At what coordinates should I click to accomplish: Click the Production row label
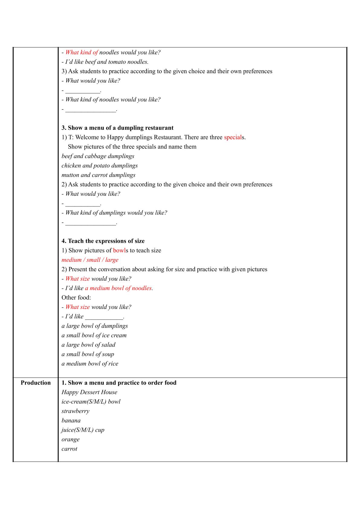[36, 383]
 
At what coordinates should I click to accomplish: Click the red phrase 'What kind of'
[82, 52]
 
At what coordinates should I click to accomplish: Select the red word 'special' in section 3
[233, 137]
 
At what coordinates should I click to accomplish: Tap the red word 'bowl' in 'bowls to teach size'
[119, 250]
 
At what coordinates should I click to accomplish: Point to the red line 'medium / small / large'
[90, 260]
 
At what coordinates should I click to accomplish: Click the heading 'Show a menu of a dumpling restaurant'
[120, 128]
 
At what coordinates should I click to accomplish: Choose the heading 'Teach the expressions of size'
[106, 241]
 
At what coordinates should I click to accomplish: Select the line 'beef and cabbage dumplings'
[98, 156]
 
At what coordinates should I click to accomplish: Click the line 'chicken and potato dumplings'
[99, 165]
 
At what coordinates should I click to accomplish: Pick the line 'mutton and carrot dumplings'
[98, 175]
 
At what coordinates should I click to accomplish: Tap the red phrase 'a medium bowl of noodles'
[118, 288]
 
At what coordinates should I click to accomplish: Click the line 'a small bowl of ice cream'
[94, 335]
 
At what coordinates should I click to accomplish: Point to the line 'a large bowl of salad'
[88, 345]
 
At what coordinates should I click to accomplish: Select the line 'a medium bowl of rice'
[90, 364]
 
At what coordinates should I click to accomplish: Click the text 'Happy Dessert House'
[89, 392]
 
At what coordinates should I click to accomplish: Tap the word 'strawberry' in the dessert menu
[75, 411]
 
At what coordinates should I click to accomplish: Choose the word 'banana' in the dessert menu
[71, 420]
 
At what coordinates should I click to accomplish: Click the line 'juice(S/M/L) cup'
[83, 430]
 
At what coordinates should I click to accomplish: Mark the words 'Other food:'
[76, 297]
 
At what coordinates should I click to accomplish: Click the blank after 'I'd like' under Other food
[104, 317]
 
